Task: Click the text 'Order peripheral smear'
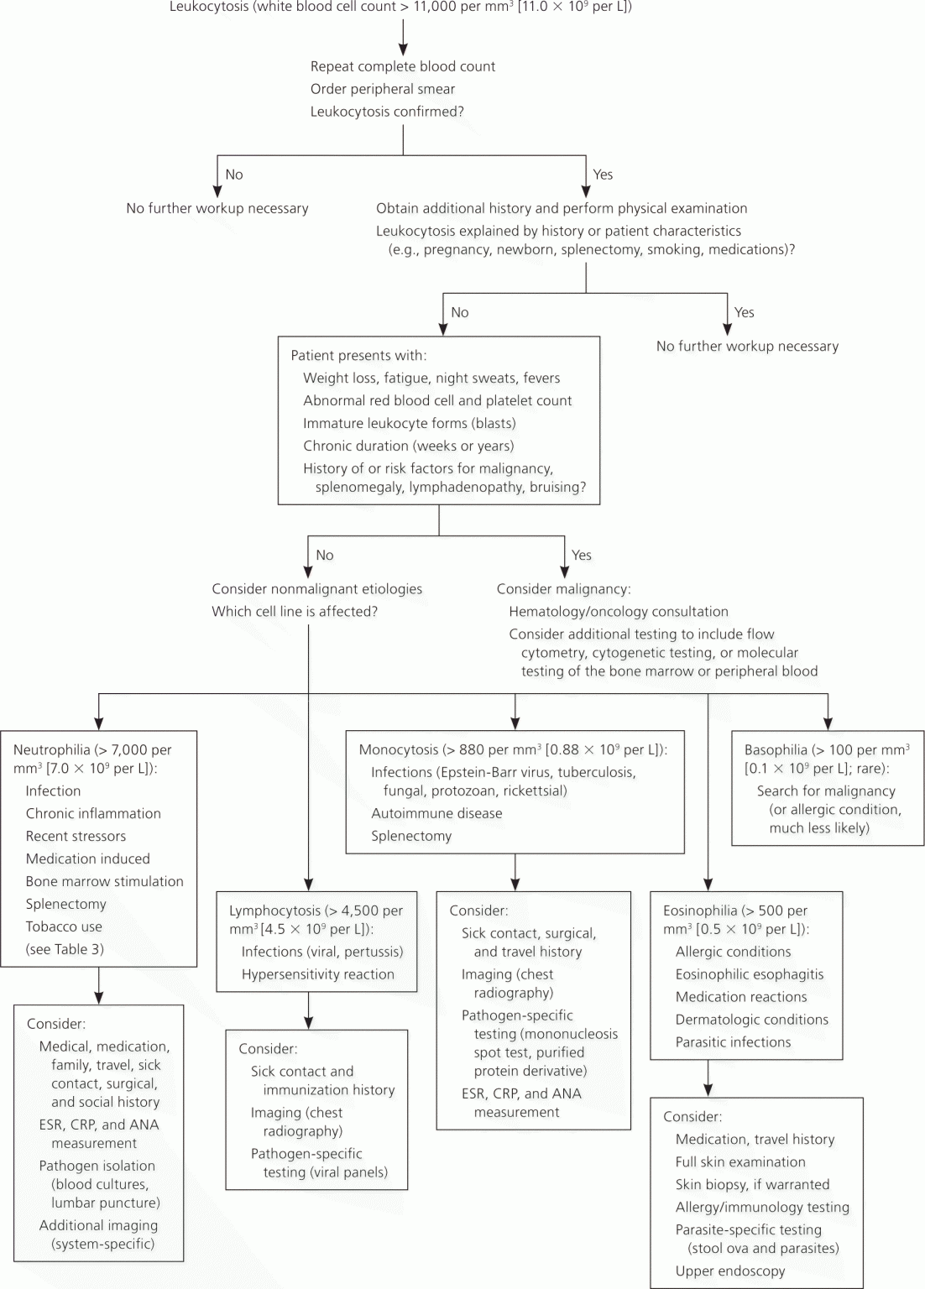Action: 382,89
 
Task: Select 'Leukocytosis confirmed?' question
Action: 387,112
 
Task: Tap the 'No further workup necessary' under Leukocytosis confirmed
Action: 217,208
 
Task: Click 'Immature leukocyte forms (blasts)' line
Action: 410,424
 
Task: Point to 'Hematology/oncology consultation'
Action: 618,612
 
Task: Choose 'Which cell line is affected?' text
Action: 295,612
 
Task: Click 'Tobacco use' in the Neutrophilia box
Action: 63,926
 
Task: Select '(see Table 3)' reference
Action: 65,949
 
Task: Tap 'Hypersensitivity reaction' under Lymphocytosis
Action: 318,974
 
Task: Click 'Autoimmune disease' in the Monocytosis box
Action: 436,813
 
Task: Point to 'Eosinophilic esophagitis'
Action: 750,974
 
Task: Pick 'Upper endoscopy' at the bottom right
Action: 730,1271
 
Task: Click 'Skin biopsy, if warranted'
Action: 752,1184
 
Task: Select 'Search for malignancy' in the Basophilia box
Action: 826,791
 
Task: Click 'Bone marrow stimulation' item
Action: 104,882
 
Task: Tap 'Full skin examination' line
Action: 740,1161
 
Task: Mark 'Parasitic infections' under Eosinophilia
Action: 734,1042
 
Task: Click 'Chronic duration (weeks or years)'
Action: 409,446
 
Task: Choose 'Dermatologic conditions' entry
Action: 752,1020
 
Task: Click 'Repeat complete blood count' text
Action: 402,67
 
